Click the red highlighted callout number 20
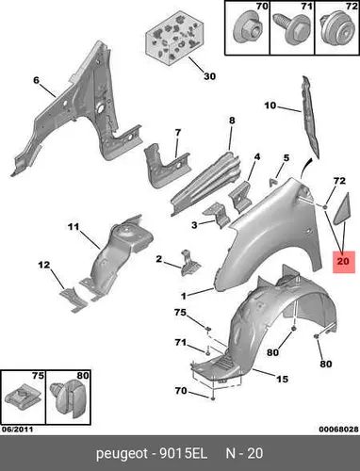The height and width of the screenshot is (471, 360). [343, 261]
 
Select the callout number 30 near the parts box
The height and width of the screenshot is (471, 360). [209, 76]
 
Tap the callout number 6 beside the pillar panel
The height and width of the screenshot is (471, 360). [37, 80]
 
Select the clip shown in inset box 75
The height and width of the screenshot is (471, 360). [22, 396]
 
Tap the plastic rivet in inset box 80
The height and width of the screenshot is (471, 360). [69, 399]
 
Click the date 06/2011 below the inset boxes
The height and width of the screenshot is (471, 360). [17, 430]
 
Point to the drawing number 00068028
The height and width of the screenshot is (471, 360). [339, 430]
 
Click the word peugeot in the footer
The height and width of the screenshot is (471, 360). [122, 454]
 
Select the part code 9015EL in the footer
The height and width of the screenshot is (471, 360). [184, 453]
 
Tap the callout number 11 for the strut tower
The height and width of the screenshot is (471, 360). [74, 226]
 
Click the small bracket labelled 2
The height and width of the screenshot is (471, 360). [190, 263]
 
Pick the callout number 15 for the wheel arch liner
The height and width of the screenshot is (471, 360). [283, 379]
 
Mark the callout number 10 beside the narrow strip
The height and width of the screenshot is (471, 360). [270, 106]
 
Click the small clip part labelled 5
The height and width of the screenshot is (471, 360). [274, 182]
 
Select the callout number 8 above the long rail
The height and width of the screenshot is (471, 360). [232, 121]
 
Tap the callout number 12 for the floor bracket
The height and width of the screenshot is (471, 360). [44, 265]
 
